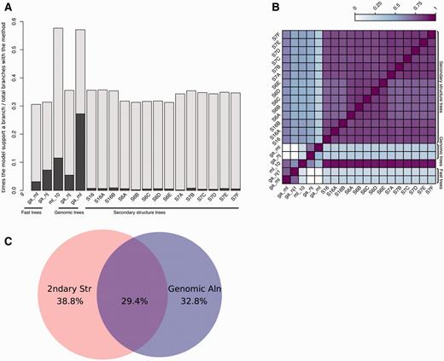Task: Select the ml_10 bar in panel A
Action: tap(58, 119)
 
